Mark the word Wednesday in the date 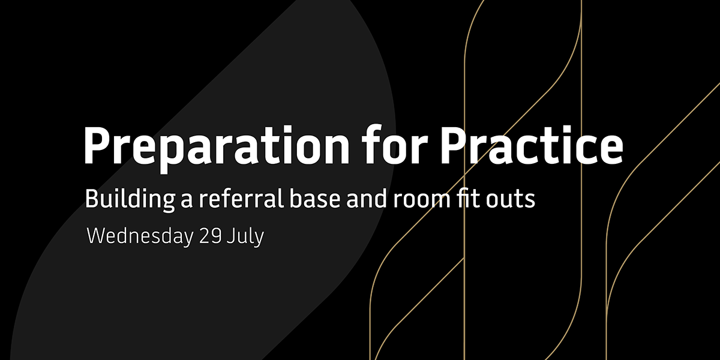(x=139, y=236)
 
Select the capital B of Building (x=92, y=199)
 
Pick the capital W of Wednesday (x=97, y=236)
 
